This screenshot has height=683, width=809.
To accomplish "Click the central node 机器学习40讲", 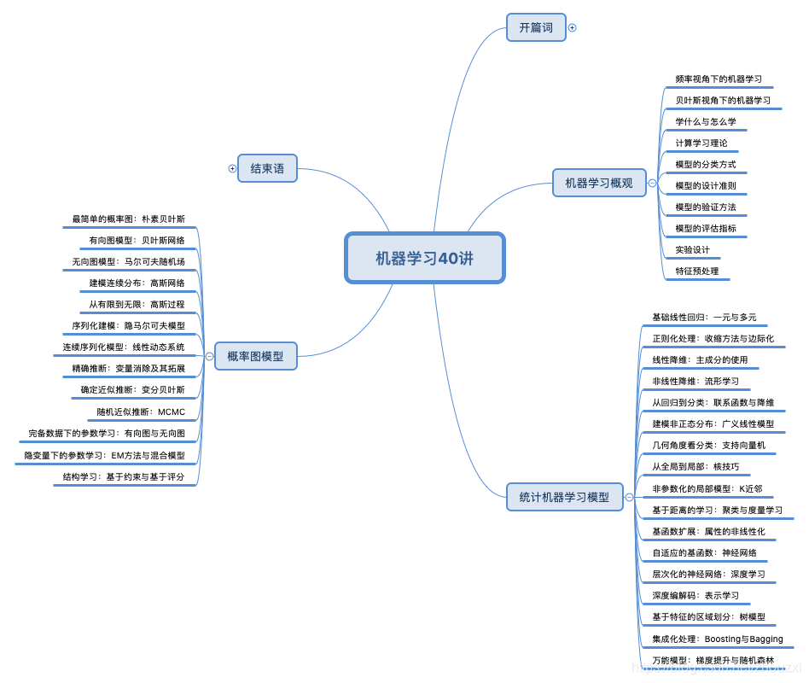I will click(x=424, y=258).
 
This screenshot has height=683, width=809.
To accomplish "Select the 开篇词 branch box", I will click(x=536, y=27).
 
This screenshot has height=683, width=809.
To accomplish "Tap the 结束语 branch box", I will click(x=267, y=169).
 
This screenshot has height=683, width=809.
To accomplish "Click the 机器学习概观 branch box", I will click(x=599, y=183).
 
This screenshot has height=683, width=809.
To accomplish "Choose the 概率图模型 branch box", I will click(x=255, y=356).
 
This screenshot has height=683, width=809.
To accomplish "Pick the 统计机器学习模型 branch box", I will click(x=564, y=496).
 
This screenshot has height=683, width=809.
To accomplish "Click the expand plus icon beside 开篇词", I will click(x=573, y=27).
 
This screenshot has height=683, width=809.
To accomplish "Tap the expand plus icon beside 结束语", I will click(x=232, y=169).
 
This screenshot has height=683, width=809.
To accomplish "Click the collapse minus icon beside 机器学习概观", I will click(x=653, y=183).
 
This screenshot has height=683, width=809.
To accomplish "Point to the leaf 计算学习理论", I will click(x=701, y=143).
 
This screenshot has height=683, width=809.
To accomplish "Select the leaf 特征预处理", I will click(x=697, y=271).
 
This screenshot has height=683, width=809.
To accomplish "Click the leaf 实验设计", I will click(x=692, y=249).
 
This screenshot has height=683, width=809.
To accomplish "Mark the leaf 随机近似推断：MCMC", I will click(x=141, y=412).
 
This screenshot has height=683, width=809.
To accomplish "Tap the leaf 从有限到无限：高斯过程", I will click(x=137, y=304).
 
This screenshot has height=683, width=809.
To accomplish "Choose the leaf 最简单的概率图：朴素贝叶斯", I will click(x=129, y=219).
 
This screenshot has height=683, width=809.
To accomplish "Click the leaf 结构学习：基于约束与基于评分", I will click(x=124, y=476).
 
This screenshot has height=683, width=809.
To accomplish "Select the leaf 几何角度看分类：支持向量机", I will click(x=708, y=445).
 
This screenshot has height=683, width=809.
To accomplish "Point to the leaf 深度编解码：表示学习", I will click(x=696, y=595).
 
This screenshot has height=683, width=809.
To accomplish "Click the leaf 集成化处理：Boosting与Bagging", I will click(x=717, y=639).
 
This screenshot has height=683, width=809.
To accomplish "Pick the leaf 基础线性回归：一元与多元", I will click(x=704, y=317).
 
